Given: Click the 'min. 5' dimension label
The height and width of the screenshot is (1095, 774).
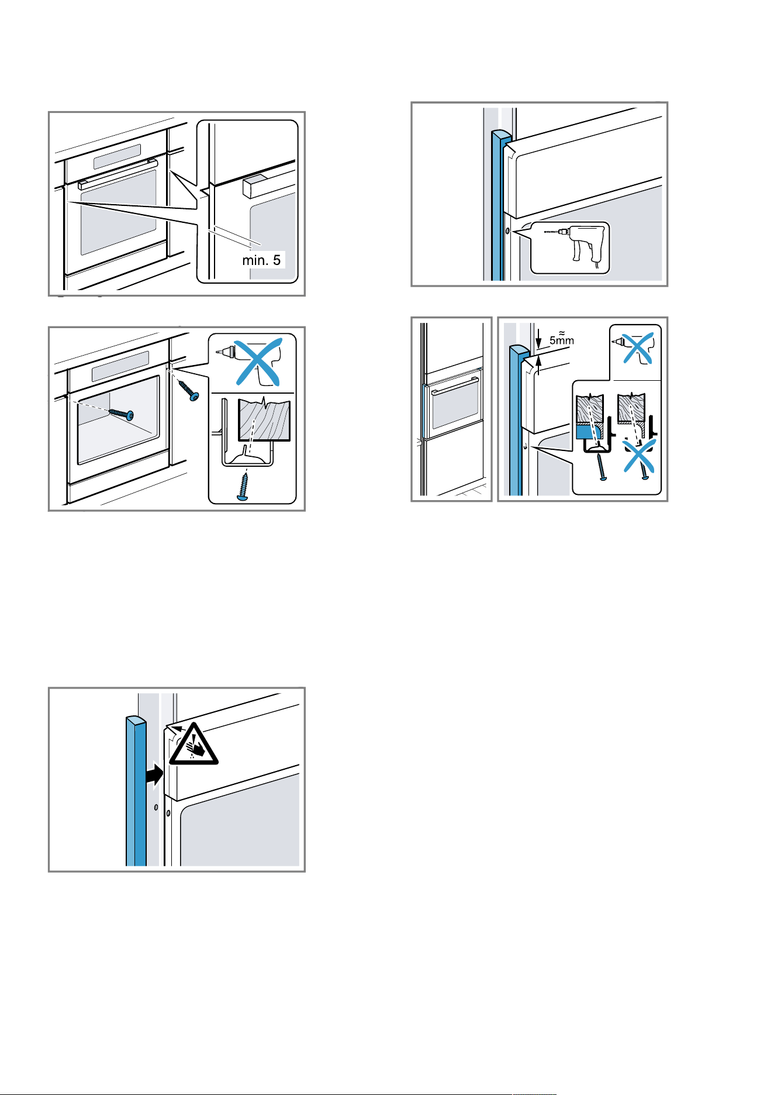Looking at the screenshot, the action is [x=261, y=260].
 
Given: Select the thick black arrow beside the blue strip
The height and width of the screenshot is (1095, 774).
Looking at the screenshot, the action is [x=155, y=776].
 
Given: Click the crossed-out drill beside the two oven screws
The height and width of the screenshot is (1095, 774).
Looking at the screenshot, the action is [x=253, y=361].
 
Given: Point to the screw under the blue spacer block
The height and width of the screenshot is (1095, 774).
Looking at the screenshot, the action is [x=600, y=467].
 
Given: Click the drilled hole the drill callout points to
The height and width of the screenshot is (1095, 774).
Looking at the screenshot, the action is [x=507, y=231].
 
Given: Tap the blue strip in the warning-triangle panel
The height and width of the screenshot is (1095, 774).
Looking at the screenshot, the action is [x=136, y=790].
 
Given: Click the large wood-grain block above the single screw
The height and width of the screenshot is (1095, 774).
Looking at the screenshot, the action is [x=264, y=420].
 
